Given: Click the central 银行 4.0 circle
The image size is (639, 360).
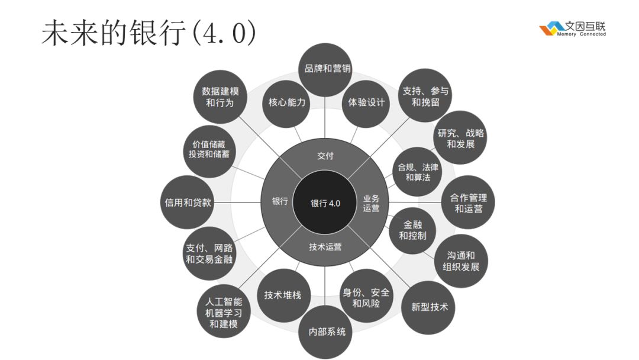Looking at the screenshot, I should point(325,203).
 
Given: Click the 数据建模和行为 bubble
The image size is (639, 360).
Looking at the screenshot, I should point(220,97).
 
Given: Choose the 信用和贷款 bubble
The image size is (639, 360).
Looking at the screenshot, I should point(188,202).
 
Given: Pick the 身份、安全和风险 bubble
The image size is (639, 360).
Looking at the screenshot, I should point(366,297).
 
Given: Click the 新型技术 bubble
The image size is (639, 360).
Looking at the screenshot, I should point(430,307).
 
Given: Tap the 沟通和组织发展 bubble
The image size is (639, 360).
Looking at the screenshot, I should point(461,261).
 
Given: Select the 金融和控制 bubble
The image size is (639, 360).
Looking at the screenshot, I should point(412,231).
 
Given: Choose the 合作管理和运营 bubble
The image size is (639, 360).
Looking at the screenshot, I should point(468,202).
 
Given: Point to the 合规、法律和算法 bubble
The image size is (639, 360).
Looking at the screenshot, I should point(418,172).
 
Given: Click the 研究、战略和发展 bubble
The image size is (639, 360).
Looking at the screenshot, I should point(460,138).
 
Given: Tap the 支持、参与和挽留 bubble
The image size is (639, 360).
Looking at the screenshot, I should point(425,96).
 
